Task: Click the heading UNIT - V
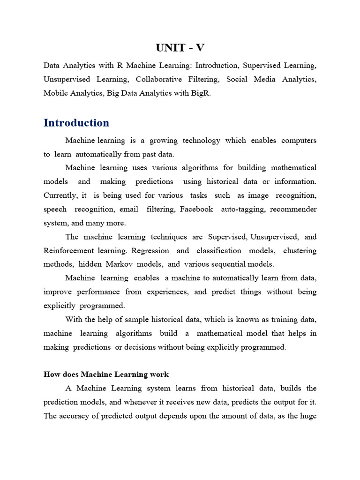pos(180,48)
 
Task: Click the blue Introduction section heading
pos(76,123)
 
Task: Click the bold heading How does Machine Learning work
pos(106,375)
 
